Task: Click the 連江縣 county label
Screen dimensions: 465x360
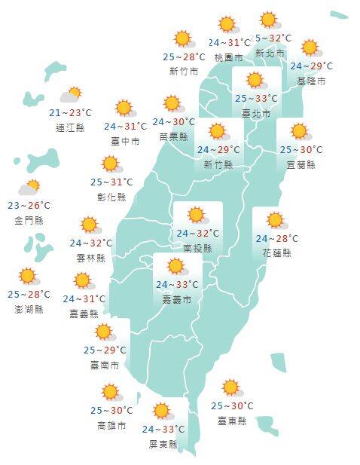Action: pyautogui.click(x=70, y=127)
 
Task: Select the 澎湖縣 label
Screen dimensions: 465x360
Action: pyautogui.click(x=29, y=309)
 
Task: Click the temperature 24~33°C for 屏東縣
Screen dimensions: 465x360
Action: pyautogui.click(x=163, y=430)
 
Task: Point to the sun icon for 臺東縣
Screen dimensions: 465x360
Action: pyautogui.click(x=230, y=388)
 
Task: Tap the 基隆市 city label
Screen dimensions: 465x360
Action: pyautogui.click(x=311, y=81)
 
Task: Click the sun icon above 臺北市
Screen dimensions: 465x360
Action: pyautogui.click(x=255, y=81)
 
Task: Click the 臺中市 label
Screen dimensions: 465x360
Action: pyautogui.click(x=124, y=141)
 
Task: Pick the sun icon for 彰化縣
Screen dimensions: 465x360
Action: pyautogui.click(x=111, y=164)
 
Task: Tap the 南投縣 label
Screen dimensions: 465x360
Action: pyautogui.click(x=197, y=248)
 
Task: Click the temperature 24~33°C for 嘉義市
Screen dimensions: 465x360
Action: pyautogui.click(x=177, y=285)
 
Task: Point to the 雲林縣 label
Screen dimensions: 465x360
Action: pyautogui.click(x=90, y=258)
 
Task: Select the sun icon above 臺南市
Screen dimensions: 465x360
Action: pyautogui.click(x=103, y=332)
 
